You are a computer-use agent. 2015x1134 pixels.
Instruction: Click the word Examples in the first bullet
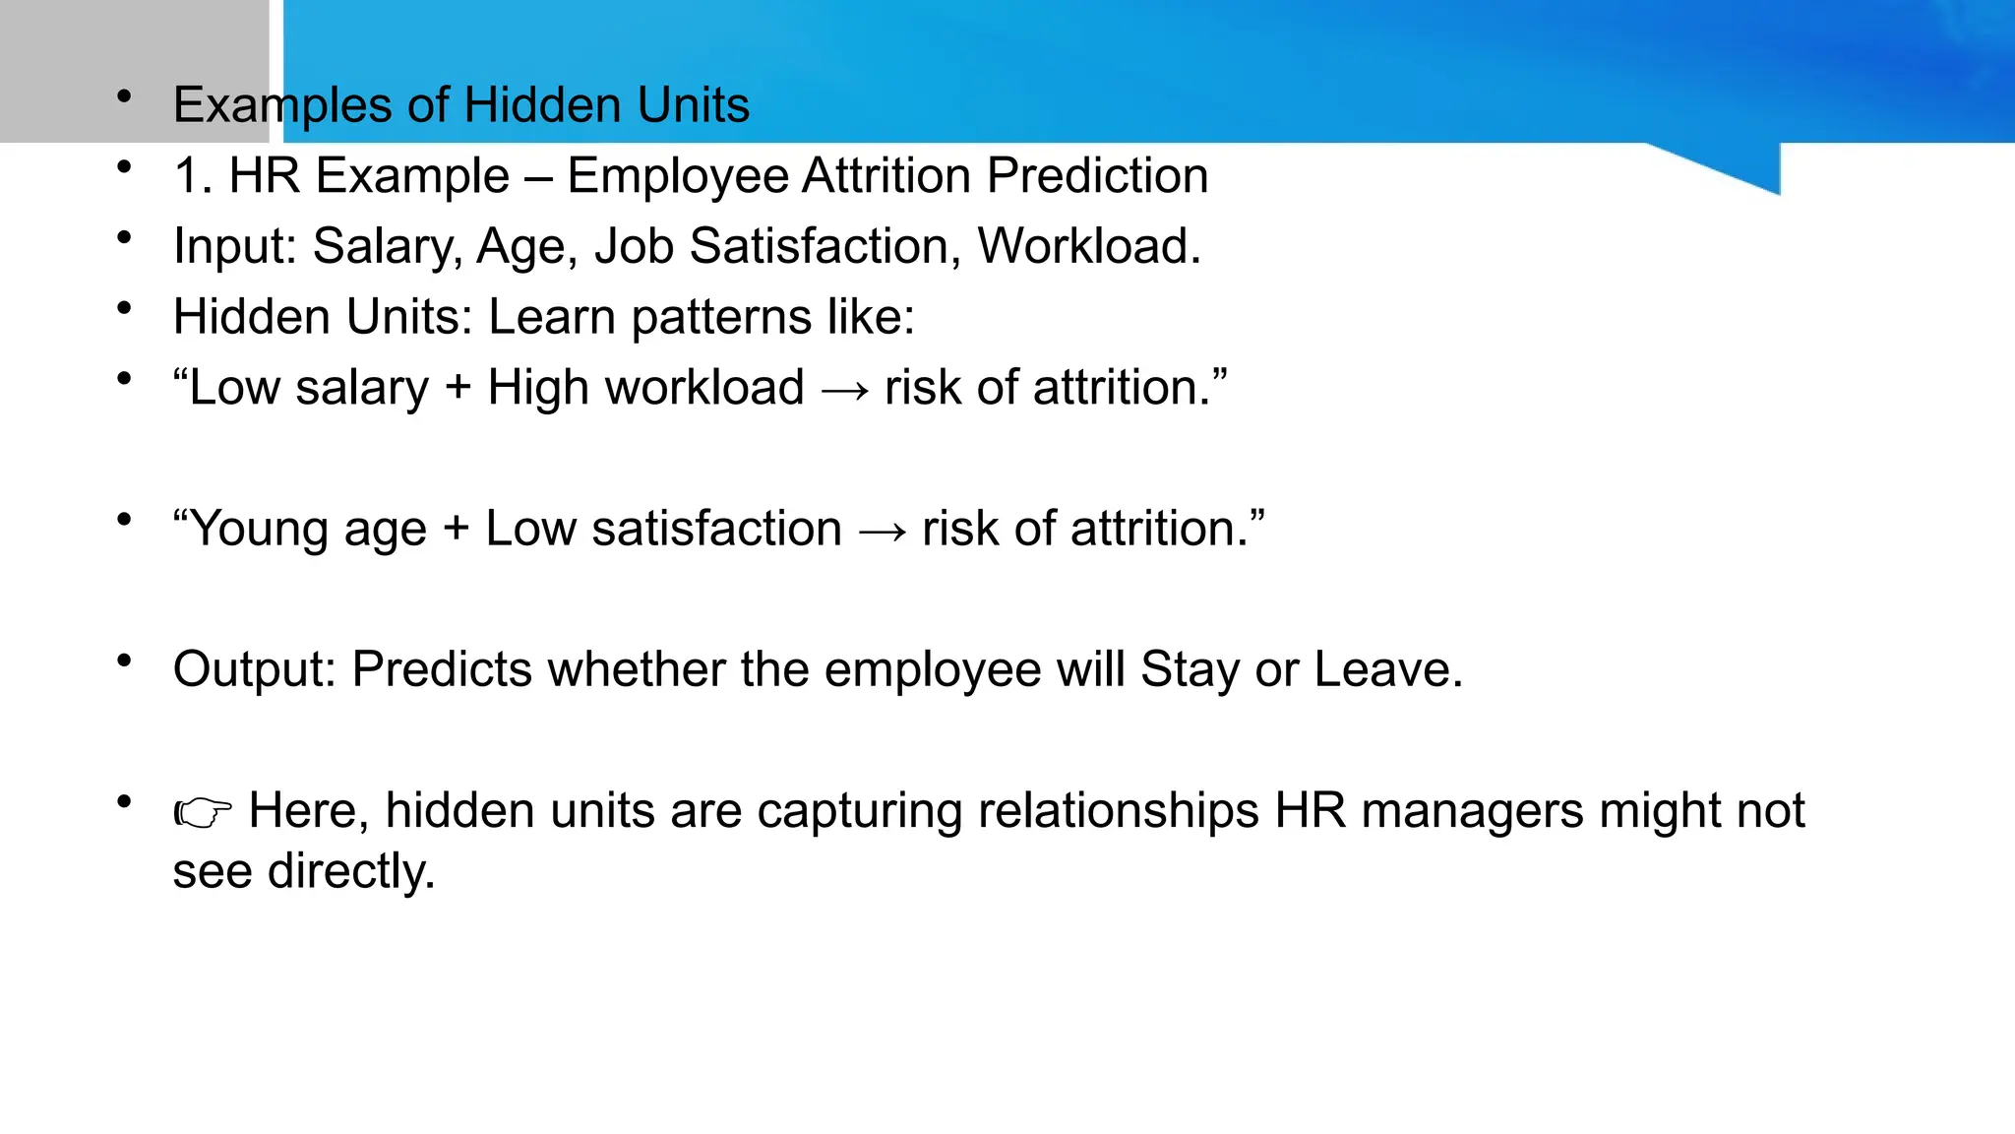(x=281, y=105)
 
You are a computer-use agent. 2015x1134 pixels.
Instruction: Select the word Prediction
(x=1097, y=176)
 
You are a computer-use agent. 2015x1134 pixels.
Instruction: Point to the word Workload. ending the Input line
(x=1088, y=246)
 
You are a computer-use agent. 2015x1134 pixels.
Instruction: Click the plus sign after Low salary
(x=458, y=388)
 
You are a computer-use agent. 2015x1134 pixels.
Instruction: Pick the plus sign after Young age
(x=456, y=529)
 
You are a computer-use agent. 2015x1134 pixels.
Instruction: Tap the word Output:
(x=255, y=669)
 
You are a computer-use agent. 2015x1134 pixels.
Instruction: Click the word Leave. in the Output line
(x=1388, y=669)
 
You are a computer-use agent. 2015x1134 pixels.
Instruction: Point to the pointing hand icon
(x=203, y=812)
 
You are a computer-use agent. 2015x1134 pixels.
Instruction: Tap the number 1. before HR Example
(x=193, y=176)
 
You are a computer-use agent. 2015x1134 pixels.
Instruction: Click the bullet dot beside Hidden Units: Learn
(x=124, y=309)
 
